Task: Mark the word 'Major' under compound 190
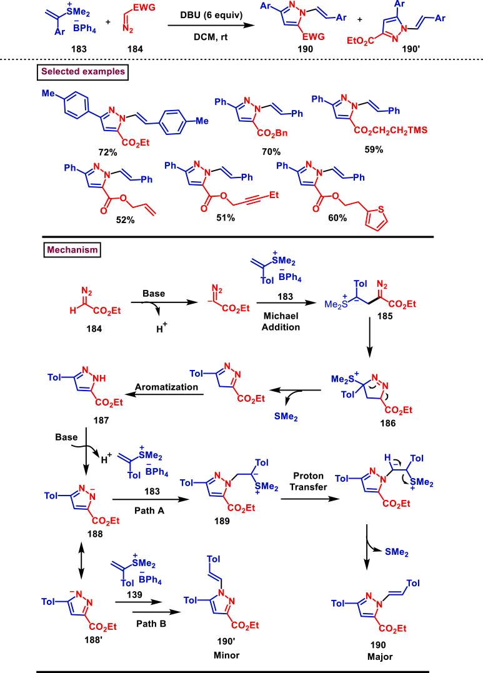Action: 377,658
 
